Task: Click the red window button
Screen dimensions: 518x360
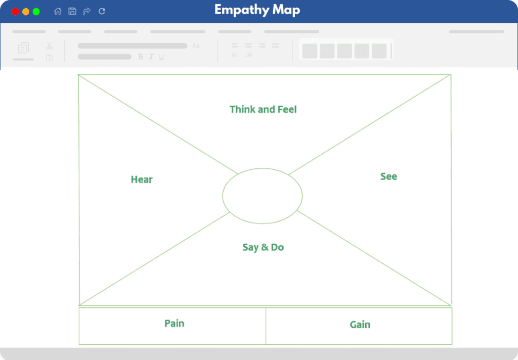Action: [x=15, y=12]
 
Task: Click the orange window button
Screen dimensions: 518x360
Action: [x=26, y=12]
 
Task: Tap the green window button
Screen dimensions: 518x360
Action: [x=36, y=12]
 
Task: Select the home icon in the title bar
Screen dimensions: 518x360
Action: [x=58, y=11]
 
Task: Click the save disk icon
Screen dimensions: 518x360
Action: [x=72, y=11]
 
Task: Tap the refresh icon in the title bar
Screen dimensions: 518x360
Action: [x=102, y=11]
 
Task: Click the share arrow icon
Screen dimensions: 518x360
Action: [x=87, y=11]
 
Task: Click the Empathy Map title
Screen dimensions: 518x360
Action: [x=257, y=10]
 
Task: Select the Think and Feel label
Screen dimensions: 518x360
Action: [x=263, y=109]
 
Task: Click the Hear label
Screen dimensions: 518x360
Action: [x=142, y=179]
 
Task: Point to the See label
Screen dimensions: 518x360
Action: [x=388, y=176]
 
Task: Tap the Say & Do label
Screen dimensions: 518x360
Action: [x=263, y=247]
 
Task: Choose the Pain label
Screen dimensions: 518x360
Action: [x=175, y=323]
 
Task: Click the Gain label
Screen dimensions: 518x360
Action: [x=360, y=325]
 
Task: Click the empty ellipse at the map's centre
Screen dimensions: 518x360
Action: [x=263, y=168]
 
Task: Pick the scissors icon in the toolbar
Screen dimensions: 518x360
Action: [x=49, y=46]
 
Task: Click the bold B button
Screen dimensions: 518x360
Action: [x=141, y=57]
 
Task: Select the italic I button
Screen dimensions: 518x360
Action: [x=151, y=57]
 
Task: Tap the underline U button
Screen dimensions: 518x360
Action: [x=161, y=57]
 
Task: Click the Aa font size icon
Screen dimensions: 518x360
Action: [x=196, y=46]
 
